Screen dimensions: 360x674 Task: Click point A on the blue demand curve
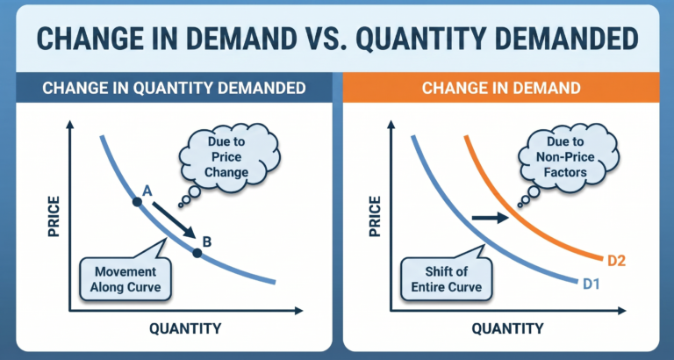tap(137, 203)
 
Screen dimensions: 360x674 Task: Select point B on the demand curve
tap(197, 254)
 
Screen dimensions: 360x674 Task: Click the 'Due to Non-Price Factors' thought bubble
tap(559, 159)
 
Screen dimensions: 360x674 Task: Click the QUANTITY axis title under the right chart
tap(506, 329)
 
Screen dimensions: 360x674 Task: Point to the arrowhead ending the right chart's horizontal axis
tap(626, 311)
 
